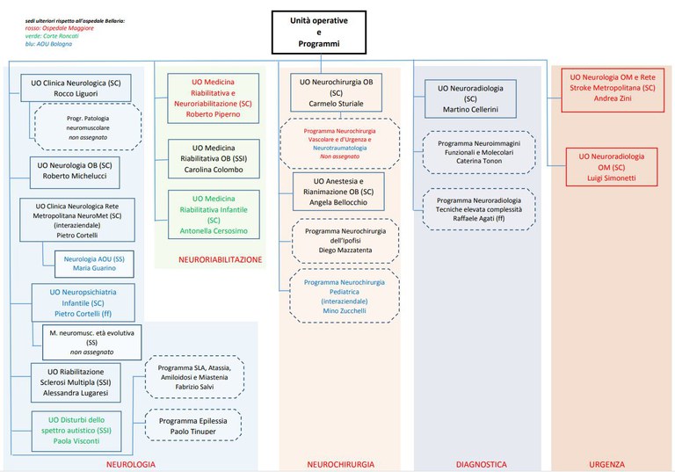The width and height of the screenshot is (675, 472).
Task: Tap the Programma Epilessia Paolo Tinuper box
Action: pos(194,427)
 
